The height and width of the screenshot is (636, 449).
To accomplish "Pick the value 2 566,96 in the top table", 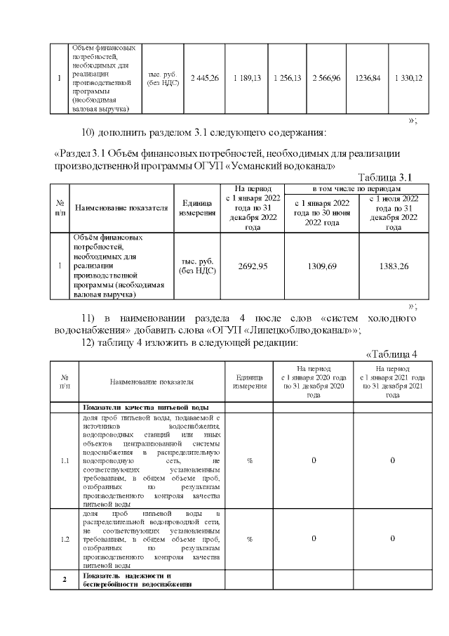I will [326, 78].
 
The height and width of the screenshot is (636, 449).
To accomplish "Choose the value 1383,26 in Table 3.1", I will [394, 266].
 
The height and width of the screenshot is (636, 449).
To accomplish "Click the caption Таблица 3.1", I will [389, 176].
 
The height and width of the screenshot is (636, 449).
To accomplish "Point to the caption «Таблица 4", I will [392, 353].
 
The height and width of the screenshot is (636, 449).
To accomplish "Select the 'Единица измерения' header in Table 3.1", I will [197, 208].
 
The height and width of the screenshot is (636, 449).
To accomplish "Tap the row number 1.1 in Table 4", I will [65, 461].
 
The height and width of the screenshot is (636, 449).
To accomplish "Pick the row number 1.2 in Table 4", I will [65, 539].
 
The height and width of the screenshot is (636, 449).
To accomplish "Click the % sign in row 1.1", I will [249, 461].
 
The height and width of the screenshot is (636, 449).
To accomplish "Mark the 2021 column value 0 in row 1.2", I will [393, 539].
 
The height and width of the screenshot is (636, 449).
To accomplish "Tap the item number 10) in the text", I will [90, 134].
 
